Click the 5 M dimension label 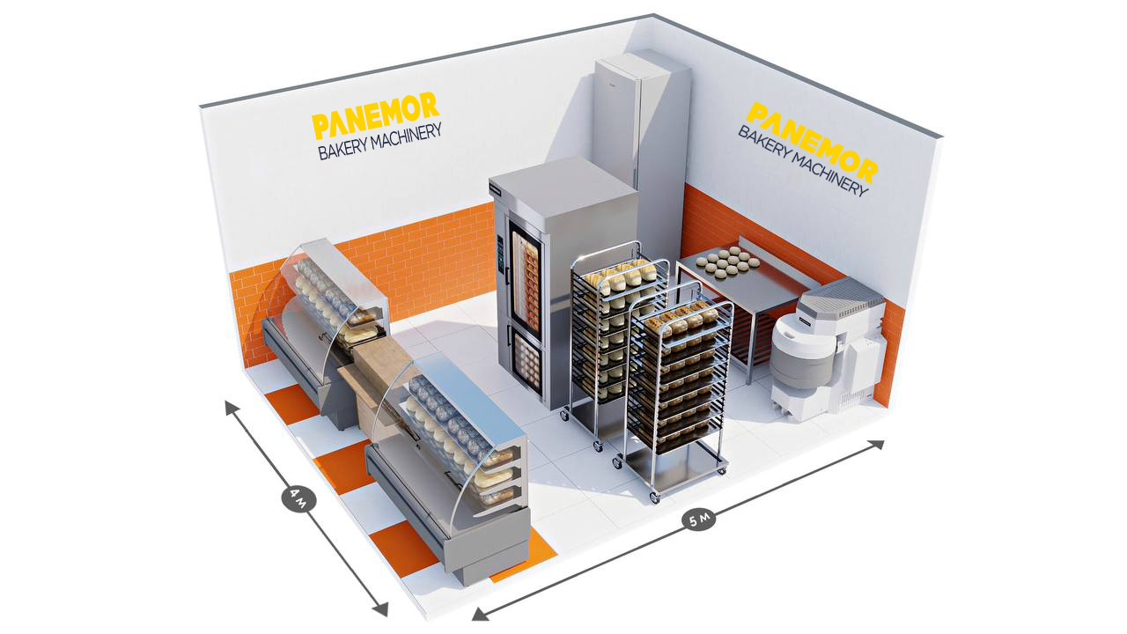[x=701, y=520]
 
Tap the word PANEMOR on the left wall [x=375, y=115]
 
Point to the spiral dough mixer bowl [x=802, y=352]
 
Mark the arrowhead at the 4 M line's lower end [x=381, y=609]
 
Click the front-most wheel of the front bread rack [x=653, y=498]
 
